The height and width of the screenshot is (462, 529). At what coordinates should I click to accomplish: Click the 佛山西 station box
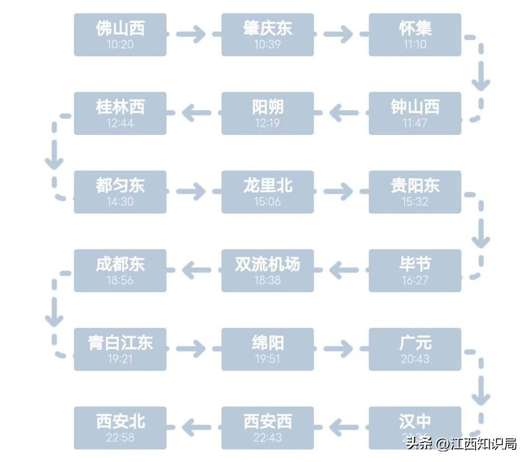tap(120, 34)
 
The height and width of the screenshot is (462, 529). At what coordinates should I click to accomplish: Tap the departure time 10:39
tap(267, 44)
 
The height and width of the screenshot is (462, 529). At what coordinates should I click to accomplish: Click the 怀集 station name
tap(415, 28)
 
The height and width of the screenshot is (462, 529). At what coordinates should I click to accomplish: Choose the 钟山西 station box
tap(415, 113)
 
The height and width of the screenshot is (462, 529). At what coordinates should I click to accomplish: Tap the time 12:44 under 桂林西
tap(120, 123)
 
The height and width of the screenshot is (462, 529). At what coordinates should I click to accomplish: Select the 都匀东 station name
tap(120, 185)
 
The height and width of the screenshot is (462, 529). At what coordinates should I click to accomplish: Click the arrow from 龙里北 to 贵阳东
tap(338, 192)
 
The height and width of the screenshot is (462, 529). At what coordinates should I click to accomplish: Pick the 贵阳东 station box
tap(415, 192)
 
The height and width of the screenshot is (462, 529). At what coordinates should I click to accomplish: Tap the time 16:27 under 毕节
tap(415, 280)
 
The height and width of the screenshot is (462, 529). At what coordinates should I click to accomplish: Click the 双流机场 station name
tap(267, 264)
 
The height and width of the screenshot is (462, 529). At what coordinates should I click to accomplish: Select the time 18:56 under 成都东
tap(120, 280)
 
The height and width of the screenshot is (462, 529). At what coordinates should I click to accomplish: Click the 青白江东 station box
tap(120, 349)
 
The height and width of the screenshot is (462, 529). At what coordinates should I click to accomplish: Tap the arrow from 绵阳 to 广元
tap(338, 349)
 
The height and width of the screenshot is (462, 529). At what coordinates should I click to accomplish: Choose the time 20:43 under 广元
tap(415, 359)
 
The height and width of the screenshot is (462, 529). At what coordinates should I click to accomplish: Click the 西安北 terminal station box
tap(120, 428)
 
